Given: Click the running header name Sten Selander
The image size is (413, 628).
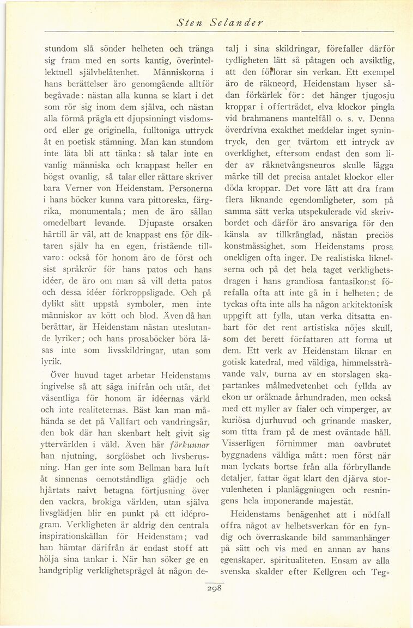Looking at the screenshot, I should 220,23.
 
